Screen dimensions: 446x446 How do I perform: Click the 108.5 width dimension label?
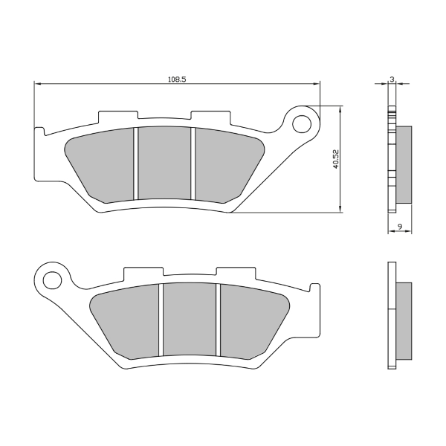coord(177,77)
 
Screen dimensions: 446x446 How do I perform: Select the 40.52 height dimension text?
coord(336,158)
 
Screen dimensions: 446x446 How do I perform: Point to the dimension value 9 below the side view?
coord(400,225)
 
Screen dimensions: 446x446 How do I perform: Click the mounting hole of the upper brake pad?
coord(303,122)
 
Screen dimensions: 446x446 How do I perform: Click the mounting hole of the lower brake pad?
coord(52,279)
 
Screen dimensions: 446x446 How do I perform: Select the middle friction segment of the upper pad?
coord(164,164)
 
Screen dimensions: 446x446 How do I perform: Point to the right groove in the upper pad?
coord(193,164)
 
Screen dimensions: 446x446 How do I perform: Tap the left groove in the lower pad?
coord(160,320)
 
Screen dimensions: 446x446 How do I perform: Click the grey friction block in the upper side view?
coord(403,164)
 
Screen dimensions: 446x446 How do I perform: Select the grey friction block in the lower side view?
coord(403,319)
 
